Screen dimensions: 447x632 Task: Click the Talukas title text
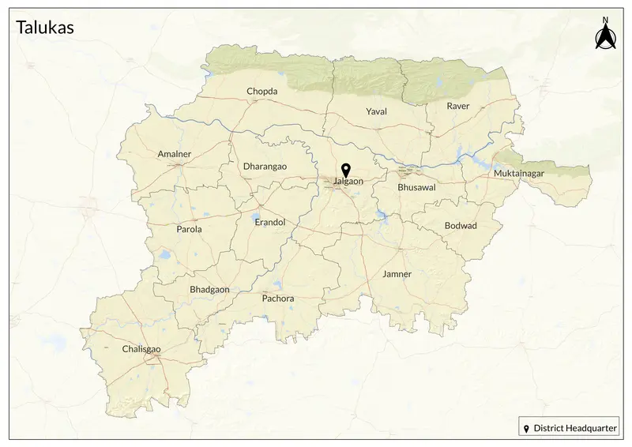click(45, 28)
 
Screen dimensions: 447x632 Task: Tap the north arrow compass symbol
click(605, 36)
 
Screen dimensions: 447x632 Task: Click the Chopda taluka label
click(262, 92)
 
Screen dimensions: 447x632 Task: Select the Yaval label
click(377, 111)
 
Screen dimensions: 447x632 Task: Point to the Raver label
click(457, 106)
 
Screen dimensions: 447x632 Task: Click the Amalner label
click(175, 154)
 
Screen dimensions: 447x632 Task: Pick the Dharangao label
click(265, 167)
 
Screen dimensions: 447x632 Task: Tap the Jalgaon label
click(348, 182)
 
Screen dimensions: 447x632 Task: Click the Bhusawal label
click(416, 188)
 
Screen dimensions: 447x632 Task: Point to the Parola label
click(189, 230)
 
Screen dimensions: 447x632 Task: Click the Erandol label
click(269, 223)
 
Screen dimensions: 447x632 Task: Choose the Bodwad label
click(461, 226)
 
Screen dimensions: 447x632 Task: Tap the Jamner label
click(397, 275)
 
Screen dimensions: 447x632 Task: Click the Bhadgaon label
click(209, 290)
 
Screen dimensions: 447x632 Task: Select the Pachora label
click(277, 299)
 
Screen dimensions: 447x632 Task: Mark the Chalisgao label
click(141, 349)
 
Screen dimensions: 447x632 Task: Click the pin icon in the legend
click(527, 428)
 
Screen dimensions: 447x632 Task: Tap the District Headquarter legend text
click(575, 428)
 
